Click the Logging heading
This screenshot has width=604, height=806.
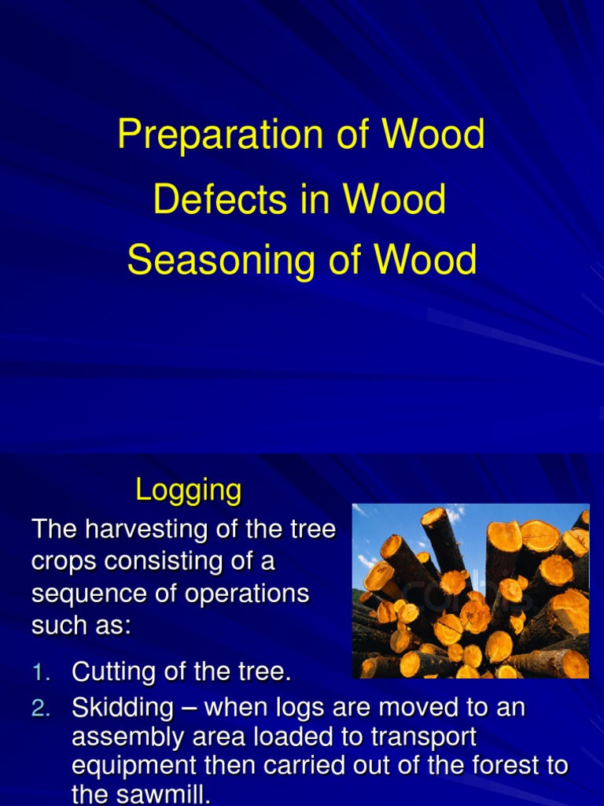(189, 491)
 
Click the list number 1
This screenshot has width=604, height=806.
(41, 672)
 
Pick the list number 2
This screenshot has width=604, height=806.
(41, 708)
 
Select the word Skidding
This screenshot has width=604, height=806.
(123, 708)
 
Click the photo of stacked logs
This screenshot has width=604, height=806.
(470, 590)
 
